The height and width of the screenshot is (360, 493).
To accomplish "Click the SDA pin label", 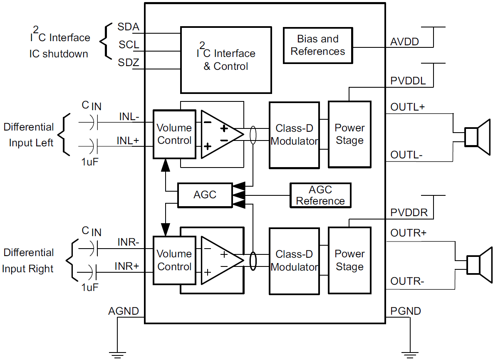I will pyautogui.click(x=128, y=27).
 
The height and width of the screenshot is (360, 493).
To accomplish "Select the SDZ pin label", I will pyautogui.click(x=128, y=63).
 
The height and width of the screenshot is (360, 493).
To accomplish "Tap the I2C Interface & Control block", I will pyautogui.click(x=225, y=59).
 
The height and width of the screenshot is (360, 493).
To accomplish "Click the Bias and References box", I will pyautogui.click(x=318, y=45).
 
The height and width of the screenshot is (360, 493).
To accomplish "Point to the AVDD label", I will pyautogui.click(x=404, y=42).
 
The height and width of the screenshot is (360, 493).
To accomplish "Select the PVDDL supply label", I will pyautogui.click(x=408, y=81).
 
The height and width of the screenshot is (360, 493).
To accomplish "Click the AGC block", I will pyautogui.click(x=205, y=195).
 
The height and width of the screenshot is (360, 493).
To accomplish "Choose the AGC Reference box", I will pyautogui.click(x=320, y=195).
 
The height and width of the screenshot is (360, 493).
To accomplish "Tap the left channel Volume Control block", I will pyautogui.click(x=174, y=134).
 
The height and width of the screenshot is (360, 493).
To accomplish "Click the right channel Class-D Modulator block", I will pyautogui.click(x=294, y=260).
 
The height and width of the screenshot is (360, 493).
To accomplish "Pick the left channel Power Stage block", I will pyautogui.click(x=349, y=134).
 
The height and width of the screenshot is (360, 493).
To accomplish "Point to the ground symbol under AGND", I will pyautogui.click(x=118, y=354).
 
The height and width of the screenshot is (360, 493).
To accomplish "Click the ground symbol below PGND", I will pyautogui.click(x=410, y=354).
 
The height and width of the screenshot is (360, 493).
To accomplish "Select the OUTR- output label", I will pyautogui.click(x=407, y=282).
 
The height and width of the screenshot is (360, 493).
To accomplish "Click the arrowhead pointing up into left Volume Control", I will pyautogui.click(x=166, y=165).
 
